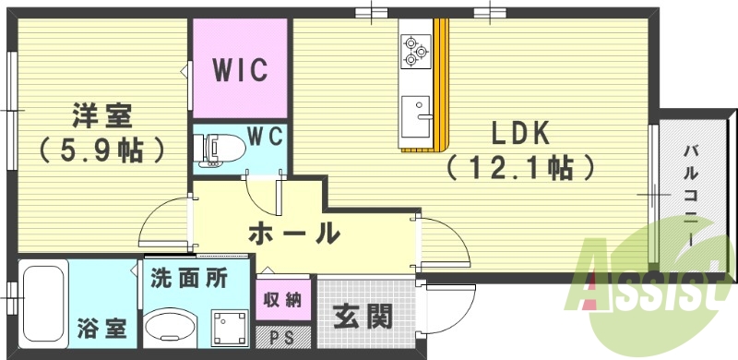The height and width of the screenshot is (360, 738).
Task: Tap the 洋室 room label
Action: tap(102, 117)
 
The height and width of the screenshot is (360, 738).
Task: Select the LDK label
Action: tap(519, 135)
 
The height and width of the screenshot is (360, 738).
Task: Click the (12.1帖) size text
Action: tap(519, 168)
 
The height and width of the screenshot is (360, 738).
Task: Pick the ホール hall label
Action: tap(293, 233)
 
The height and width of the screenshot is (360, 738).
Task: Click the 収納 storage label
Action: tap(283, 300)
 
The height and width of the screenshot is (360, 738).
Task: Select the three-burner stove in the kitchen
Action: tap(415, 50)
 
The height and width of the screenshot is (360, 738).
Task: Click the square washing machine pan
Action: tap(228, 326)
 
